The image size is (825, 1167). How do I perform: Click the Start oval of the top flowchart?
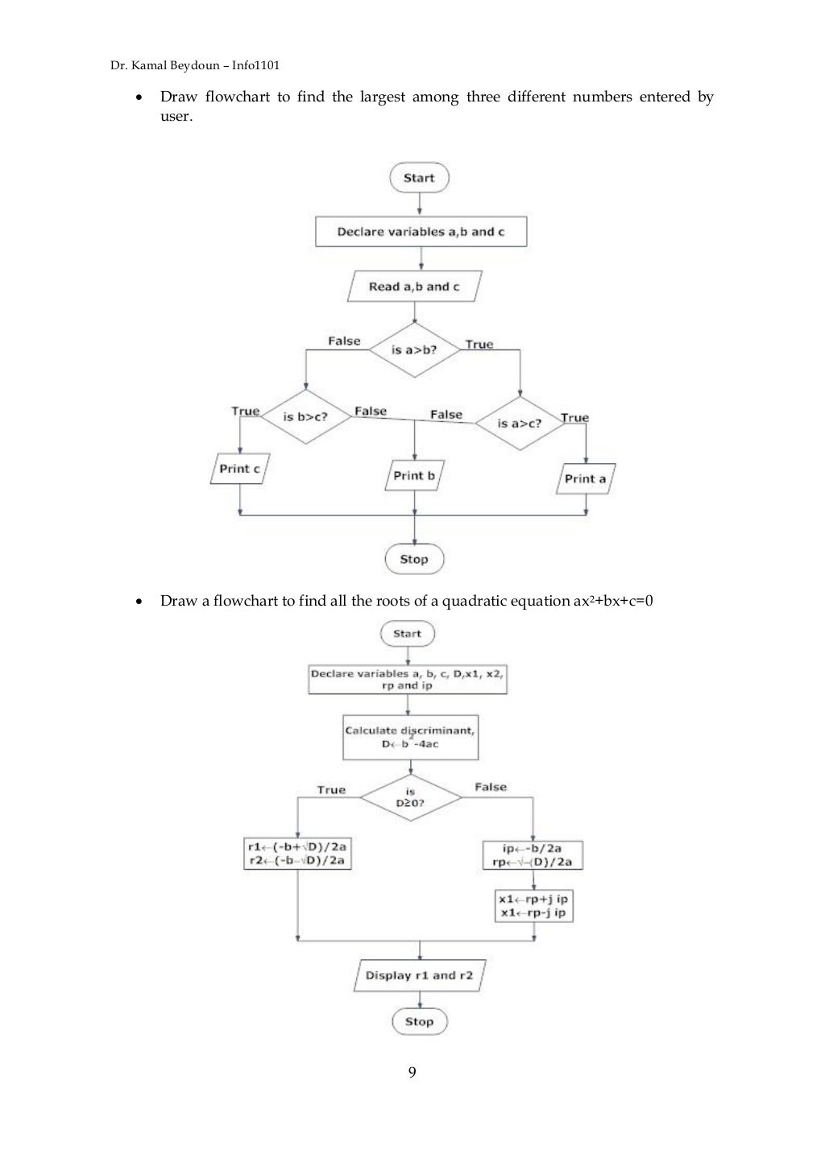[x=419, y=178]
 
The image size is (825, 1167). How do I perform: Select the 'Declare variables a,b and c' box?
[x=421, y=232]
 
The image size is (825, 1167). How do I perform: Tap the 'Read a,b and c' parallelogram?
[x=414, y=287]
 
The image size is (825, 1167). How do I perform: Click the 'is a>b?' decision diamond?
[x=414, y=350]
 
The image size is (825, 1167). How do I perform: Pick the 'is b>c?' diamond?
[x=305, y=417]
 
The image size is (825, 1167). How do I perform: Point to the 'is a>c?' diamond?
[x=519, y=423]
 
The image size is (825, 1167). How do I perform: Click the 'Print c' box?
[x=239, y=469]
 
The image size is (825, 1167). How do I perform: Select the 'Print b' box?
[x=414, y=476]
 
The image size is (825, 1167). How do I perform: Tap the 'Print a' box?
[x=586, y=478]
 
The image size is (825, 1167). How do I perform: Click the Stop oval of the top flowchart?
[x=414, y=559]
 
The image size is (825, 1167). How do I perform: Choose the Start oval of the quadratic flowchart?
[x=408, y=634]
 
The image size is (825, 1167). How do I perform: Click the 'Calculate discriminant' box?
[x=410, y=737]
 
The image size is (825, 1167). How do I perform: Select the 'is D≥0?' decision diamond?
[x=410, y=797]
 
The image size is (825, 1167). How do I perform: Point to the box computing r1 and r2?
[x=298, y=855]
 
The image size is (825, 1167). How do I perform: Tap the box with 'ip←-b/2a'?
[x=533, y=855]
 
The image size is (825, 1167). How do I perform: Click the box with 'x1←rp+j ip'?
[x=533, y=906]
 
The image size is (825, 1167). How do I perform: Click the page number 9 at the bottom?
[x=412, y=1072]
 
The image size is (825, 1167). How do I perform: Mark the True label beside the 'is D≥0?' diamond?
[x=331, y=790]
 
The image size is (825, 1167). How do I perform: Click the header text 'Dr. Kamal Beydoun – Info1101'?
[x=194, y=67]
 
